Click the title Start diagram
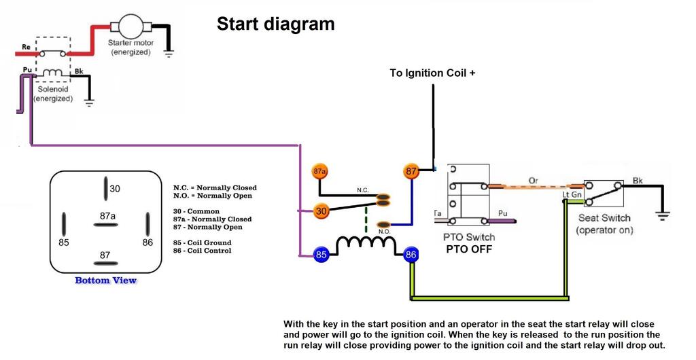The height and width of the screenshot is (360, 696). click(x=275, y=24)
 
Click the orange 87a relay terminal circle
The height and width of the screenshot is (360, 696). click(x=320, y=172)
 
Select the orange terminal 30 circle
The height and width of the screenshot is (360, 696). click(x=321, y=211)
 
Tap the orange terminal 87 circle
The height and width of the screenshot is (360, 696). click(x=411, y=172)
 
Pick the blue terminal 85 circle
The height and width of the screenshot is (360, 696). click(x=321, y=255)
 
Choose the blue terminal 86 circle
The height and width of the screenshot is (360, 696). click(x=411, y=255)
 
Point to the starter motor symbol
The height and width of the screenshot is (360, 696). click(x=130, y=27)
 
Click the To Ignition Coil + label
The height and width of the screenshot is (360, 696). click(x=432, y=73)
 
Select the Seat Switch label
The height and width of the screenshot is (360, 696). click(x=604, y=218)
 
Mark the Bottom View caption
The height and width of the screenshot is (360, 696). click(x=105, y=281)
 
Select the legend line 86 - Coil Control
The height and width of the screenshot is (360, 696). click(x=202, y=251)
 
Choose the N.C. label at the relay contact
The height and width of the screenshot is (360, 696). click(x=363, y=190)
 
